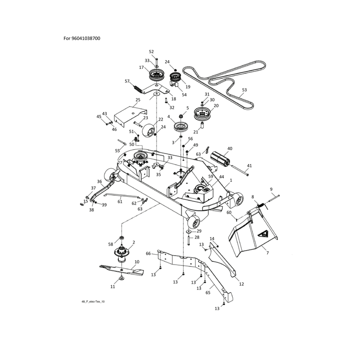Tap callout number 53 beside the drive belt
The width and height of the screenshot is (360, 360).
point(244,90)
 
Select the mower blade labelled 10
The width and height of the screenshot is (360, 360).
point(121,269)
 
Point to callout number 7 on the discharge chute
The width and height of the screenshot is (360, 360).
point(267,253)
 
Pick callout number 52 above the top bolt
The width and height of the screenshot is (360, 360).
point(151,52)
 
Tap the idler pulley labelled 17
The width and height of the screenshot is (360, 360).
point(156,75)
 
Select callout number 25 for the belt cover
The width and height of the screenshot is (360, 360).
point(138,100)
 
